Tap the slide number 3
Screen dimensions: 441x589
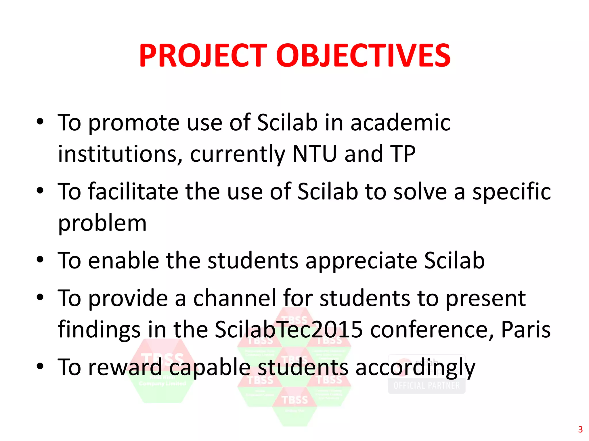point(580,430)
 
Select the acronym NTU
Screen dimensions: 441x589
point(314,154)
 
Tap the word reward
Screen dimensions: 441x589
point(125,367)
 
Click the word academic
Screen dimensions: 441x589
point(400,123)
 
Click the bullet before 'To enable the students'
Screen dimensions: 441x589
point(40,260)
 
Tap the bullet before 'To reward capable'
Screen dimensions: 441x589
point(40,366)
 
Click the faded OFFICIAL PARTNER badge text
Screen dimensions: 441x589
point(427,386)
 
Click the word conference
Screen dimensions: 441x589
point(431,329)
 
